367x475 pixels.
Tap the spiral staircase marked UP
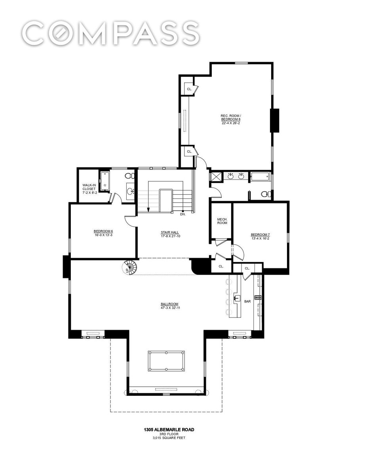point(130,267)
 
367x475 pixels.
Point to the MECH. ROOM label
point(222,221)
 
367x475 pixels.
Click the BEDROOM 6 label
point(103,231)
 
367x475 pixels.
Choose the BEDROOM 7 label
point(261,235)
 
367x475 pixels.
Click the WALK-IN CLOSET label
point(89,187)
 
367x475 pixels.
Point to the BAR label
point(247,301)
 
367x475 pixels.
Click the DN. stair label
point(183,215)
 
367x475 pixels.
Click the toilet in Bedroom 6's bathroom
point(129,175)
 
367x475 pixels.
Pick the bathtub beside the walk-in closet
point(105,182)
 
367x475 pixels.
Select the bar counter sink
point(237,298)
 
